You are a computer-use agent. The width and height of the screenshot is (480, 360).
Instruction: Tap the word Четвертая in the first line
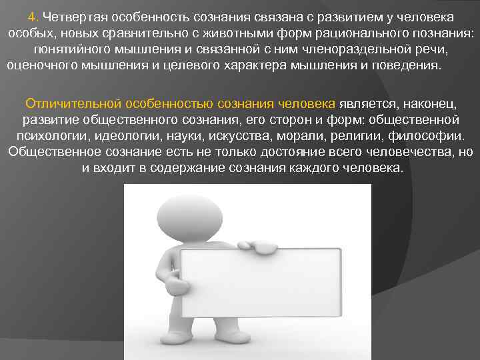coord(71,16)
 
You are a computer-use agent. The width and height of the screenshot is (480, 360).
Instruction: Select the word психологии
coord(45,136)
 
